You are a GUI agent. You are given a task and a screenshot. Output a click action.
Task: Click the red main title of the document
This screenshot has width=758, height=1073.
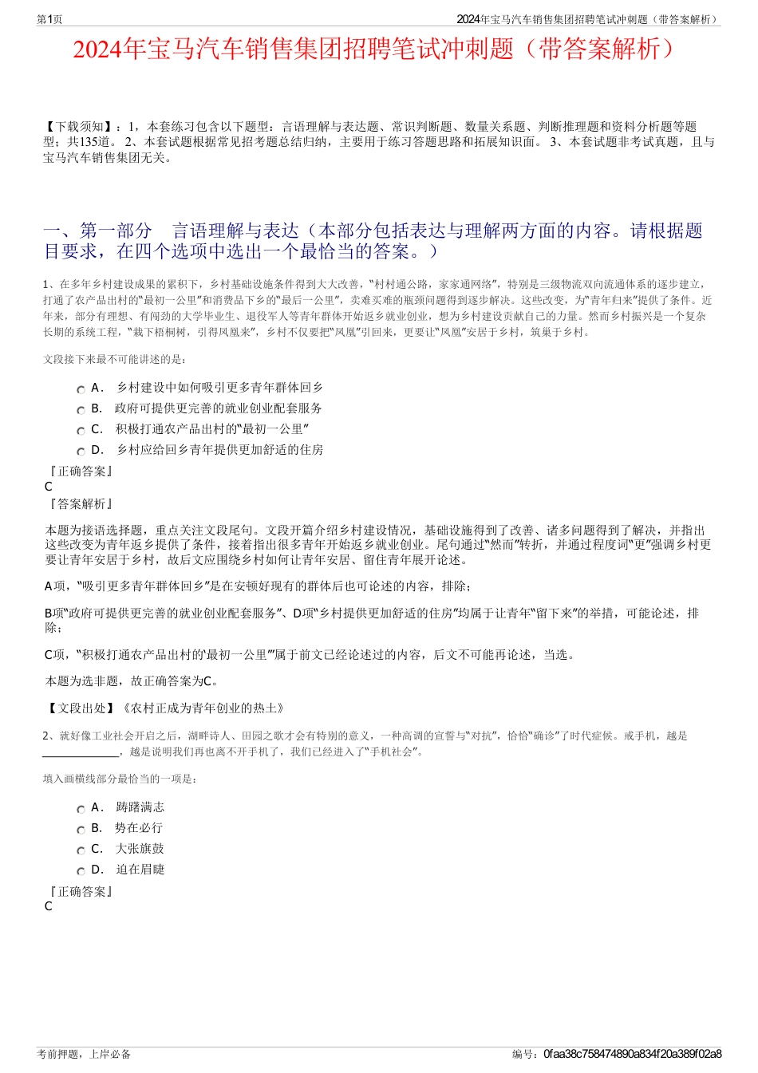click(x=378, y=49)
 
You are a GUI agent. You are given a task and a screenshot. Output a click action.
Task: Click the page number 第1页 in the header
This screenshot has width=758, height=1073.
click(x=49, y=19)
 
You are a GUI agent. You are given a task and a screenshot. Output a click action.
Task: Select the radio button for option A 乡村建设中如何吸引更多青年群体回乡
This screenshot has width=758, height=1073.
click(x=81, y=389)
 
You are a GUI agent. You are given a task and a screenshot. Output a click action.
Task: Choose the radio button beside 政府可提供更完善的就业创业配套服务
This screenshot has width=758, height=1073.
click(x=81, y=410)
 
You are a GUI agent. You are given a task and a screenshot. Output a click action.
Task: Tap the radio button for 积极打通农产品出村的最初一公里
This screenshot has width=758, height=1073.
click(x=81, y=431)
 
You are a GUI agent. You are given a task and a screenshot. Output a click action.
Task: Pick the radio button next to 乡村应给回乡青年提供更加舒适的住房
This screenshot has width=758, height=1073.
click(x=81, y=452)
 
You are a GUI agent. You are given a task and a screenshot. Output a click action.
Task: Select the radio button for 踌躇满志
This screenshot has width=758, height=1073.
click(x=81, y=809)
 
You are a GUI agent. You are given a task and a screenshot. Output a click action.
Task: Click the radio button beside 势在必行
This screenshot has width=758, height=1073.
click(x=81, y=830)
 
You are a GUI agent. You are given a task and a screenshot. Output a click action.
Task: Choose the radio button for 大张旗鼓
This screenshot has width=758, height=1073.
click(x=81, y=850)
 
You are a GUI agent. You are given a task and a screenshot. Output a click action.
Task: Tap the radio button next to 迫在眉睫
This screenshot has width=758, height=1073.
click(x=81, y=871)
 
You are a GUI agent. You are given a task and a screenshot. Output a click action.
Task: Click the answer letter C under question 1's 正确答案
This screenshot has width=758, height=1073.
click(x=49, y=487)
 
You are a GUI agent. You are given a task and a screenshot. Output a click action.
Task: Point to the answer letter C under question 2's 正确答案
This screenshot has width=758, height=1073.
click(x=49, y=906)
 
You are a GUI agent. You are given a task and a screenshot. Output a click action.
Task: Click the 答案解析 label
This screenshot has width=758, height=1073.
click(x=80, y=504)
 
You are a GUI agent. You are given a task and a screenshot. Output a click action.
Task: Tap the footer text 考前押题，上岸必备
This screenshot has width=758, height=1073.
click(x=84, y=1054)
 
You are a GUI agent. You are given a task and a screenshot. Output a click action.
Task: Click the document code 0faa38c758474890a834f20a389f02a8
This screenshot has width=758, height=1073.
click(x=632, y=1054)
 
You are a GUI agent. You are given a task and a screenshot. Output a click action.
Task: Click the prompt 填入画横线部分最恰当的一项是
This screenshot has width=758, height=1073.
click(x=120, y=779)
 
